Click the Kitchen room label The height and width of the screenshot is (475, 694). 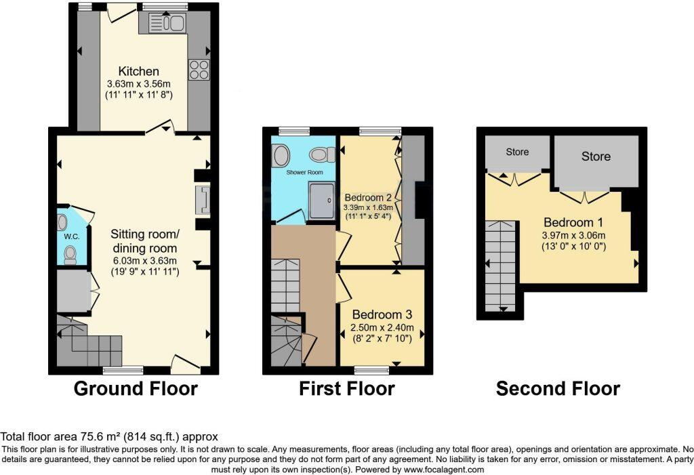[139, 71]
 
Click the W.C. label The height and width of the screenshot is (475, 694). [73, 237]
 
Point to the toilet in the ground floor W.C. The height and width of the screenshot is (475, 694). [68, 255]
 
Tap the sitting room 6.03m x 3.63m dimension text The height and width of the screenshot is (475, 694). [144, 260]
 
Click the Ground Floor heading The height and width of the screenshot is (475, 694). [136, 389]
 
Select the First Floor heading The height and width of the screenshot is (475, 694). [346, 389]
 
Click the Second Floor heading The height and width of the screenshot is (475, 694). [558, 389]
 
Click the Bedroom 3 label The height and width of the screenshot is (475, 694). [382, 315]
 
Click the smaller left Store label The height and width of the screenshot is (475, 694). [518, 152]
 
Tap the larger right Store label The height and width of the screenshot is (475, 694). [596, 157]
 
